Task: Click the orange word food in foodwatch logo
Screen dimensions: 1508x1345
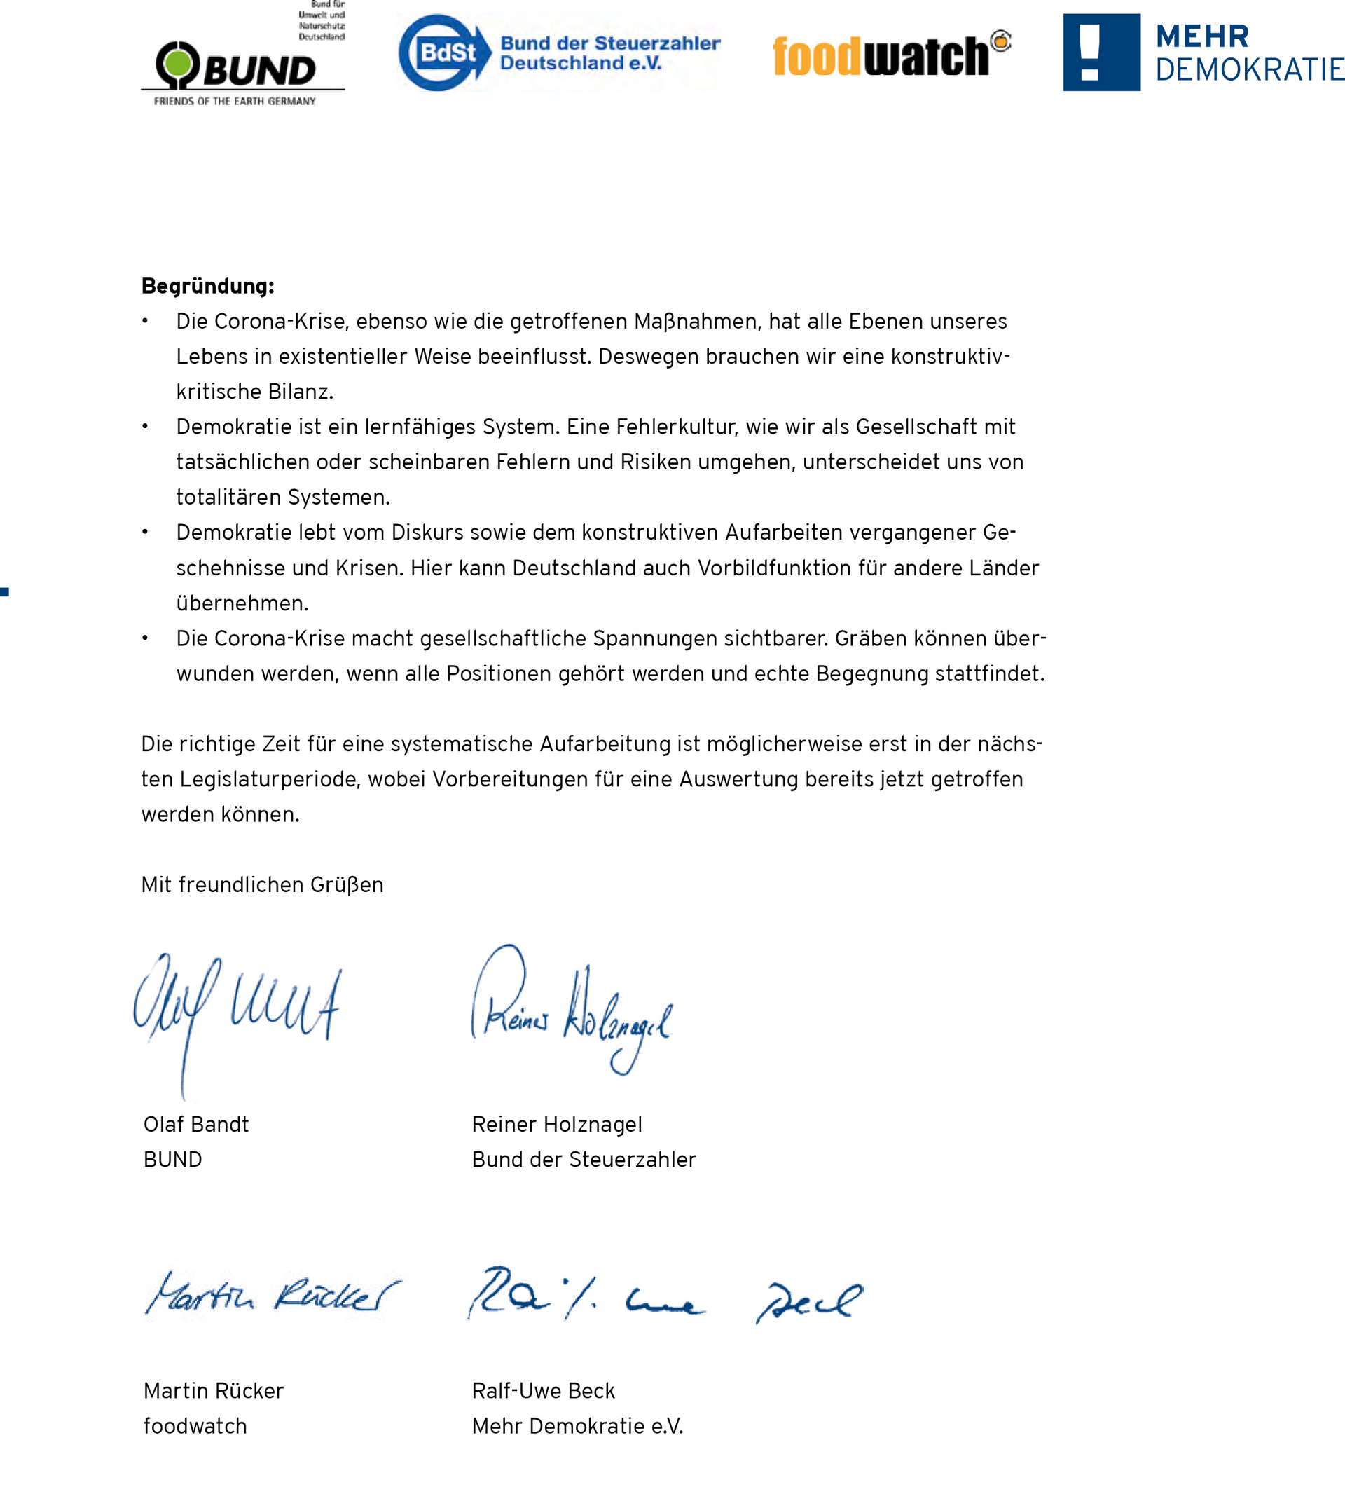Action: pos(817,56)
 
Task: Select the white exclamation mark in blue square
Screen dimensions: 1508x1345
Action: pos(1090,52)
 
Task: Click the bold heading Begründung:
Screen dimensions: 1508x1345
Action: pos(207,286)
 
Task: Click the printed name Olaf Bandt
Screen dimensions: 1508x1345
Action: pos(196,1125)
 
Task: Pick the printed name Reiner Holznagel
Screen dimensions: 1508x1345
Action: pos(556,1125)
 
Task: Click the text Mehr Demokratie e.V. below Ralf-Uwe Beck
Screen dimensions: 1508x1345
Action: pos(577,1426)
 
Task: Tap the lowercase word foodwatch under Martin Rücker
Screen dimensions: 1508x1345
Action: pos(195,1426)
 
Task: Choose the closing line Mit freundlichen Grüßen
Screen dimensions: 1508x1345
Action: pos(263,885)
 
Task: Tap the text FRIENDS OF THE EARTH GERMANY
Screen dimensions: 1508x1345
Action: pos(234,102)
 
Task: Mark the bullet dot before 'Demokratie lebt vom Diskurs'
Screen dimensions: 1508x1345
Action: pos(146,533)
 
